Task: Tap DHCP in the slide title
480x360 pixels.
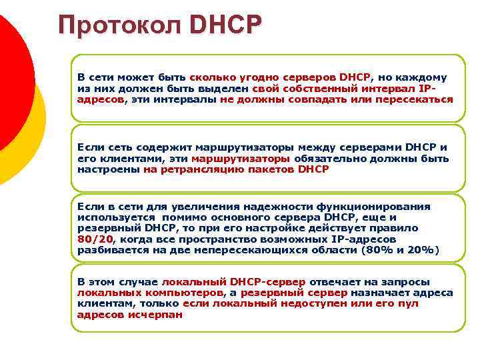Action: (225, 25)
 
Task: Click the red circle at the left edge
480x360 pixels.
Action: (12, 80)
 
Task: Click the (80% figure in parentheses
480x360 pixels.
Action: (377, 249)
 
